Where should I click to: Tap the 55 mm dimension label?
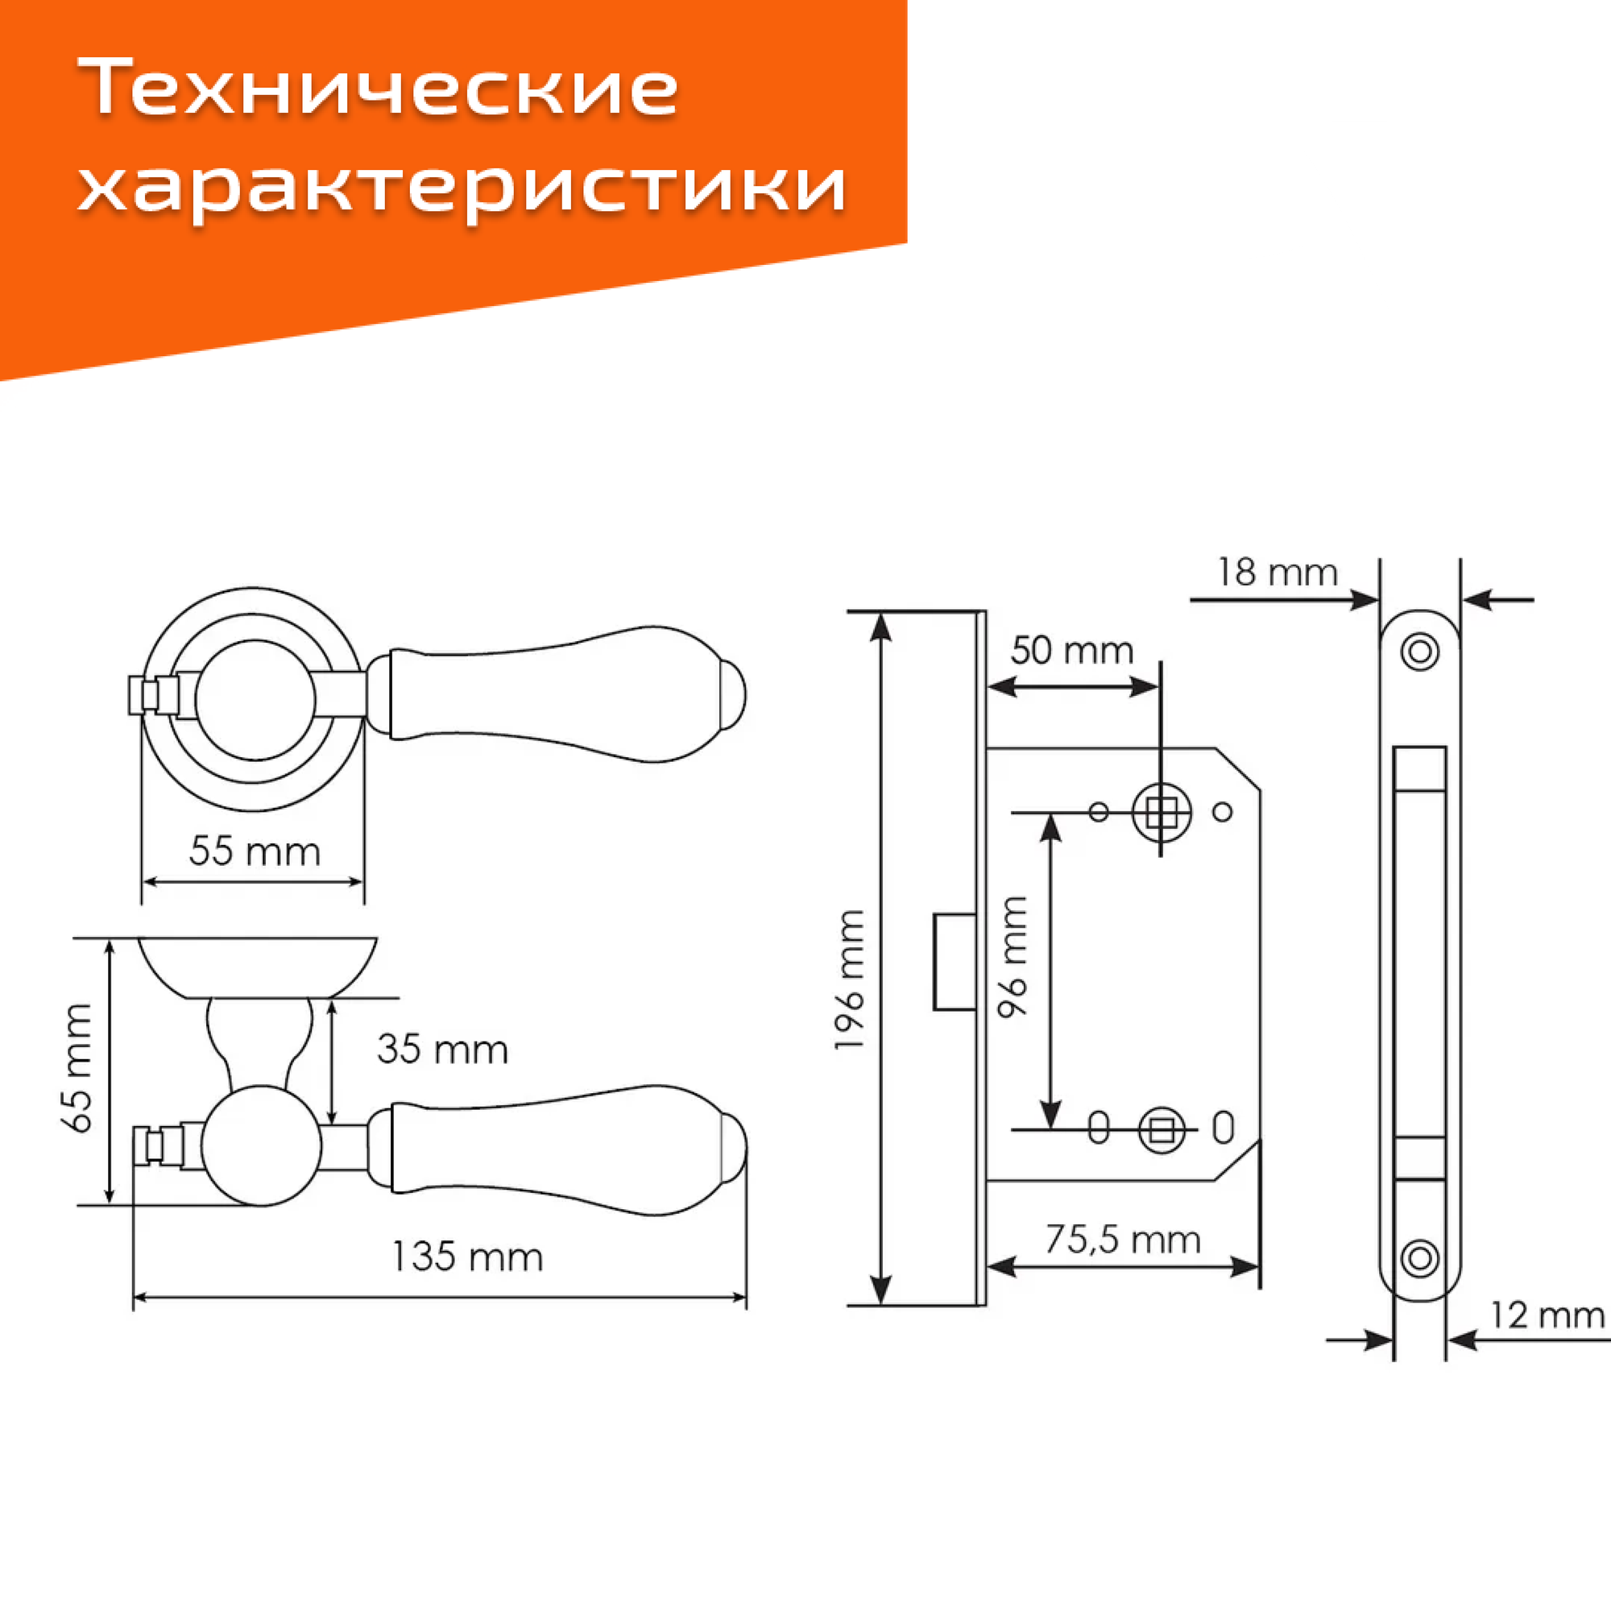click(x=255, y=851)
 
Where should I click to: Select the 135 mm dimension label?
click(x=467, y=1257)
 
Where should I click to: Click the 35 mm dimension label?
click(x=442, y=1049)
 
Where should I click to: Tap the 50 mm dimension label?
click(x=1071, y=650)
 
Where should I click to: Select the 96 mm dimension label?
click(x=1013, y=956)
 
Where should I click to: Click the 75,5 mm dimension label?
click(x=1122, y=1240)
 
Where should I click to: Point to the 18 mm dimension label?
click(x=1277, y=572)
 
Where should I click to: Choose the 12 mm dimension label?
click(x=1547, y=1315)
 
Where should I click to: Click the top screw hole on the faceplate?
click(x=1420, y=651)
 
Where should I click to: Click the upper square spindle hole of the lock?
click(x=1161, y=811)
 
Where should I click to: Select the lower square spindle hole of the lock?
click(x=1161, y=1132)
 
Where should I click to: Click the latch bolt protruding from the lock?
click(x=954, y=963)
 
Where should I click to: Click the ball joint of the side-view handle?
click(x=261, y=1145)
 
